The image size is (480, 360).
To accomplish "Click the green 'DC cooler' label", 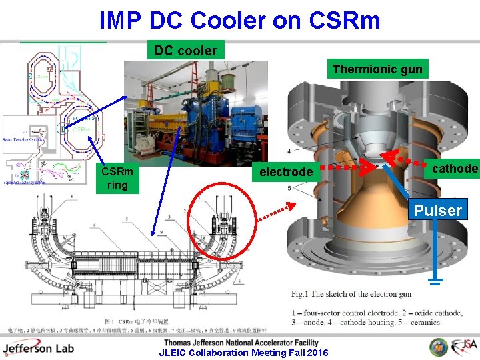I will [x=185, y=50].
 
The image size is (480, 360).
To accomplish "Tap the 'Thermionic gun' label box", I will [x=377, y=69].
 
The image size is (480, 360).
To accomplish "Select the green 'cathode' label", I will [x=455, y=169].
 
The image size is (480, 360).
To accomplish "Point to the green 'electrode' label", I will [x=285, y=172].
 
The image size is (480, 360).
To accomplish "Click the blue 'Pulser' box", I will [x=437, y=211].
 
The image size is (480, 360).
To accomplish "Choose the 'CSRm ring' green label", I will [x=117, y=178].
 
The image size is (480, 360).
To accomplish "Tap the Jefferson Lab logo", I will [x=39, y=348].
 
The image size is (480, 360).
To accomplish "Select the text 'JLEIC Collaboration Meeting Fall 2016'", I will [x=243, y=353].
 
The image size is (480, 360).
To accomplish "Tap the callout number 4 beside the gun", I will [x=288, y=151].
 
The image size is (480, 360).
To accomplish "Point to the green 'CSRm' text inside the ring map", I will [x=83, y=129].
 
